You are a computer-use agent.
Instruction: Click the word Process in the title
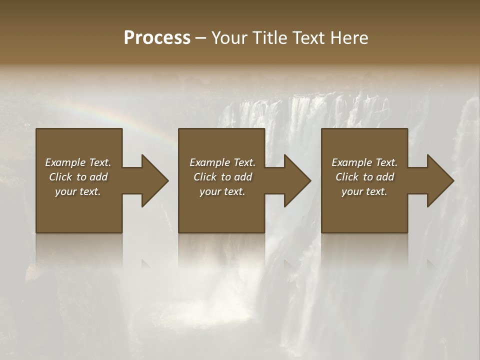[x=157, y=38]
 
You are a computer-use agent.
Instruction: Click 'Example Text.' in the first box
[x=78, y=162]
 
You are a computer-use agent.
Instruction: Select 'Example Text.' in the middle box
[x=222, y=162]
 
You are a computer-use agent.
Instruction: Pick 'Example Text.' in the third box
[x=364, y=162]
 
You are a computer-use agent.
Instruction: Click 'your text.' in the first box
[x=78, y=191]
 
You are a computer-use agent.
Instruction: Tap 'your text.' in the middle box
[x=222, y=191]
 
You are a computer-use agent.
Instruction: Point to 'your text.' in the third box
[x=364, y=191]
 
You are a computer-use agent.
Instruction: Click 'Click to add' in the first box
[x=78, y=177]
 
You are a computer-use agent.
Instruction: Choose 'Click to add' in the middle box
[x=222, y=177]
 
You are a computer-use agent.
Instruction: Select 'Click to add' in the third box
[x=364, y=177]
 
